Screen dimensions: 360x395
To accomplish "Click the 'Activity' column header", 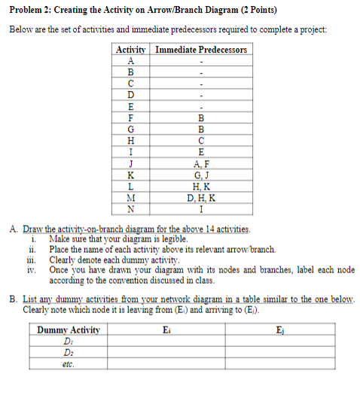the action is click(132, 50).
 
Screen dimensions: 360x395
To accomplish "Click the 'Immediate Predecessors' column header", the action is click(200, 50).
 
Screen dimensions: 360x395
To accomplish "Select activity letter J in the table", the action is click(132, 165).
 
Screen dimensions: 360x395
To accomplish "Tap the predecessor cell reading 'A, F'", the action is click(200, 165).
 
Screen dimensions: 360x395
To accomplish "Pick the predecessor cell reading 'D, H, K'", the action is click(200, 198).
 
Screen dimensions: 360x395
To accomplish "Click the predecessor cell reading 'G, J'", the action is click(200, 176).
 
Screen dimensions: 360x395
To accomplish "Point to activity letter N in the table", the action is click(132, 209).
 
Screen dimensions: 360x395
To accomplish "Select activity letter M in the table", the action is click(132, 198).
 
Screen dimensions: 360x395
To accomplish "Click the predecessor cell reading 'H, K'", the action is click(200, 187).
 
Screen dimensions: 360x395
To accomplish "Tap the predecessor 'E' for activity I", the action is click(200, 153).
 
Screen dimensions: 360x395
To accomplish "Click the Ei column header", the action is click(166, 330).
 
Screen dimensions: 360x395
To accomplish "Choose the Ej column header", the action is click(280, 330).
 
